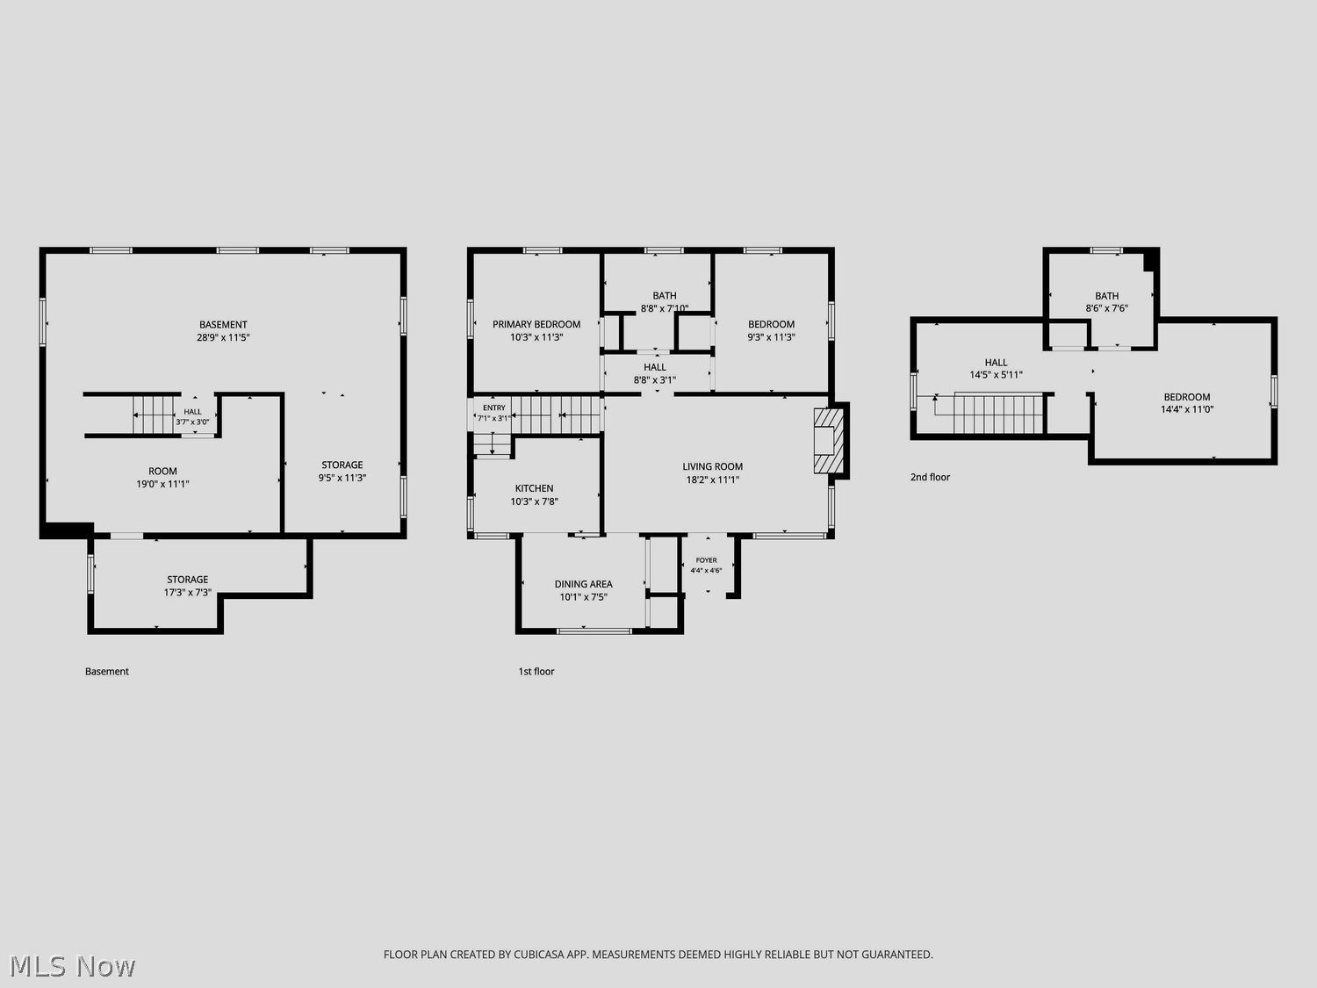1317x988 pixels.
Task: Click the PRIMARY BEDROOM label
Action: point(536,325)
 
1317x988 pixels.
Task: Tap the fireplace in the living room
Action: point(829,441)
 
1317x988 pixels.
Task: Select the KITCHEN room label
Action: point(534,488)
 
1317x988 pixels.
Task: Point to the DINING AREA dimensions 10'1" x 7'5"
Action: point(583,597)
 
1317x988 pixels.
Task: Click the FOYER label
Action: point(706,560)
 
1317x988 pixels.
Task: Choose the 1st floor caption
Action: point(536,671)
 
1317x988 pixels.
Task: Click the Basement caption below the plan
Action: point(107,671)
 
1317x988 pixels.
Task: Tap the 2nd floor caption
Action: point(930,477)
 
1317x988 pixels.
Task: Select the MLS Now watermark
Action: point(72,966)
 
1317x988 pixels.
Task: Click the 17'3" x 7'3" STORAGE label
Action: point(188,586)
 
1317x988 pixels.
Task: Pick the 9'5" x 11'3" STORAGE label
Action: point(342,471)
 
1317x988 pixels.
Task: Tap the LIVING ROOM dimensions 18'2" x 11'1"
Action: point(713,480)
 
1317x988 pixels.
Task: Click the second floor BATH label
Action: point(1107,296)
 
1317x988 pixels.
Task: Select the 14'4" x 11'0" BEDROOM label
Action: point(1187,403)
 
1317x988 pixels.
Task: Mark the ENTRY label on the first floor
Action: point(494,407)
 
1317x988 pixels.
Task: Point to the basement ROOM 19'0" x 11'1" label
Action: point(162,478)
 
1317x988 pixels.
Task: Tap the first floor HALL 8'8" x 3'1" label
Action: point(655,373)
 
